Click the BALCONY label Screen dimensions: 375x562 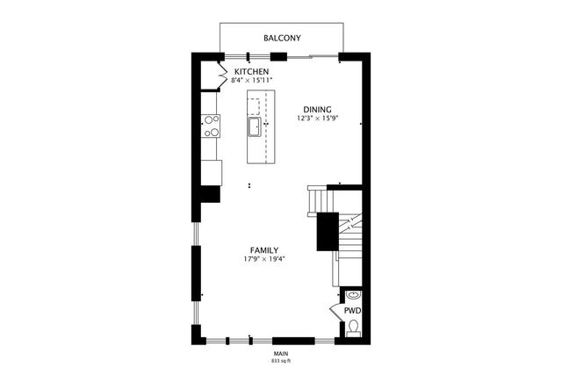click(283, 38)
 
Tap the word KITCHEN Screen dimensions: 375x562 click(251, 71)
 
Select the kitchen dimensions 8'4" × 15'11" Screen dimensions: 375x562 click(251, 81)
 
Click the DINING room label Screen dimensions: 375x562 click(317, 109)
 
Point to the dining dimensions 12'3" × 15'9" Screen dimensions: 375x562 click(317, 119)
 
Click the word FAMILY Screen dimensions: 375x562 click(264, 249)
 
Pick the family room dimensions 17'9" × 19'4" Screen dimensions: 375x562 click(264, 259)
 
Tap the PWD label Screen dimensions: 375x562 click(352, 311)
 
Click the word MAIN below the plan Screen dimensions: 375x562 click(281, 353)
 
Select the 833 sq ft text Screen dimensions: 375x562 click(281, 361)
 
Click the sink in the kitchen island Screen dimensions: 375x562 click(254, 126)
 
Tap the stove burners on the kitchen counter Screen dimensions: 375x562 click(211, 127)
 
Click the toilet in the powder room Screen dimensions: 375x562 click(353, 328)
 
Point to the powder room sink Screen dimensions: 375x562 click(353, 295)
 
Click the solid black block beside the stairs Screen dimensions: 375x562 click(328, 232)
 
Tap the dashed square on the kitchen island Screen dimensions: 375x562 click(254, 106)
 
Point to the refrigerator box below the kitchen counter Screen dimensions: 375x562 click(212, 172)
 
